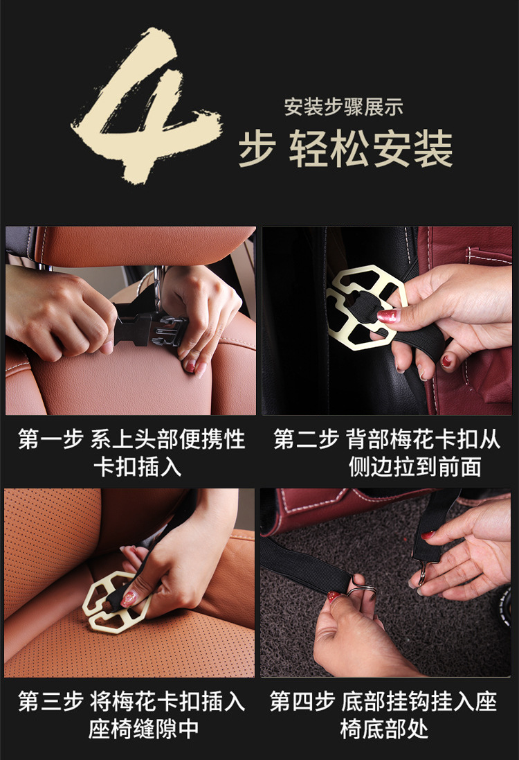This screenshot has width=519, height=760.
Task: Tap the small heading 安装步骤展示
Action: pos(343,107)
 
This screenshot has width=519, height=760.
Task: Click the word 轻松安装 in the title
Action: pos(371,149)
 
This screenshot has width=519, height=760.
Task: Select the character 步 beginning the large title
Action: pos(257,149)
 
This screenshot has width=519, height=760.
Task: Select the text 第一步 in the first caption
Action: pos(51,440)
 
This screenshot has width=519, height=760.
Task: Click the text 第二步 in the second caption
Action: pos(305,440)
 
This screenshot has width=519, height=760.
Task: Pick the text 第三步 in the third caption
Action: pos(51,701)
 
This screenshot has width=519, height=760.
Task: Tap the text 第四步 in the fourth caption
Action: pos(302,701)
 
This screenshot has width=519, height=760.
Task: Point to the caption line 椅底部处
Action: pos(384,729)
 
